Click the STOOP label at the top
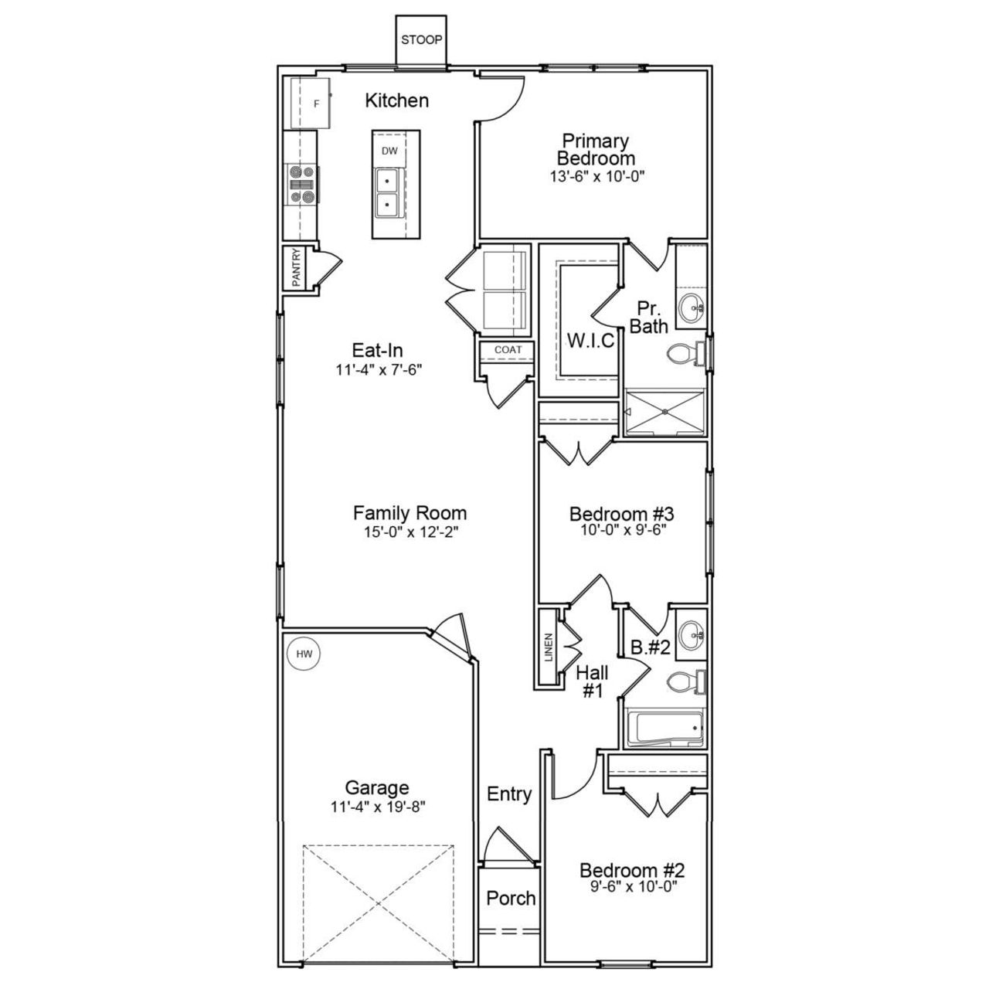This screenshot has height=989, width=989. pyautogui.click(x=421, y=40)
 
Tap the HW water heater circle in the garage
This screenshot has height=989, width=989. pyautogui.click(x=304, y=654)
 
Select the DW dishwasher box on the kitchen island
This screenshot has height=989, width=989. pyautogui.click(x=389, y=151)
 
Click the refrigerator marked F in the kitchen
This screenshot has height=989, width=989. pyautogui.click(x=311, y=103)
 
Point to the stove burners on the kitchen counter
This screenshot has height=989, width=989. pyautogui.click(x=301, y=185)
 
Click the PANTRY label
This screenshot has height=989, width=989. pyautogui.click(x=296, y=267)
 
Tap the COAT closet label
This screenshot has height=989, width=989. pyautogui.click(x=508, y=350)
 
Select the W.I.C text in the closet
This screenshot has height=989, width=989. pyautogui.click(x=590, y=341)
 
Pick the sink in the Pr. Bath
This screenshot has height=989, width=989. pyautogui.click(x=692, y=308)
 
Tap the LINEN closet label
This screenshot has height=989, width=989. pyautogui.click(x=549, y=647)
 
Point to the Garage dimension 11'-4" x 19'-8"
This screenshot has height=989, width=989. pyautogui.click(x=376, y=807)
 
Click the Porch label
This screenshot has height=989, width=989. pyautogui.click(x=511, y=899)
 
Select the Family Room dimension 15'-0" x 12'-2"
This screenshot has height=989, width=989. pyautogui.click(x=410, y=532)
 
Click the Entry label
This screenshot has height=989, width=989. pyautogui.click(x=509, y=794)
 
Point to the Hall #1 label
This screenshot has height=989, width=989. pyautogui.click(x=592, y=682)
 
